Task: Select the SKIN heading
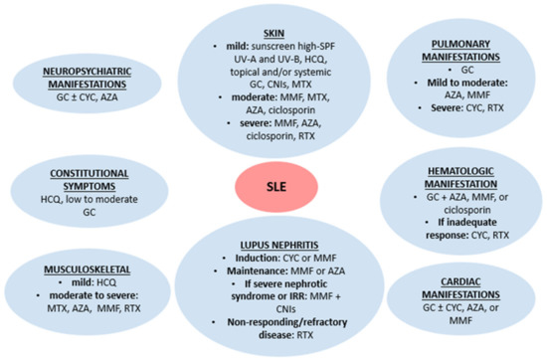(x=272, y=32)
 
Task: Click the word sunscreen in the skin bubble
(x=266, y=46)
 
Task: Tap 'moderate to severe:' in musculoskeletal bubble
(x=80, y=296)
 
